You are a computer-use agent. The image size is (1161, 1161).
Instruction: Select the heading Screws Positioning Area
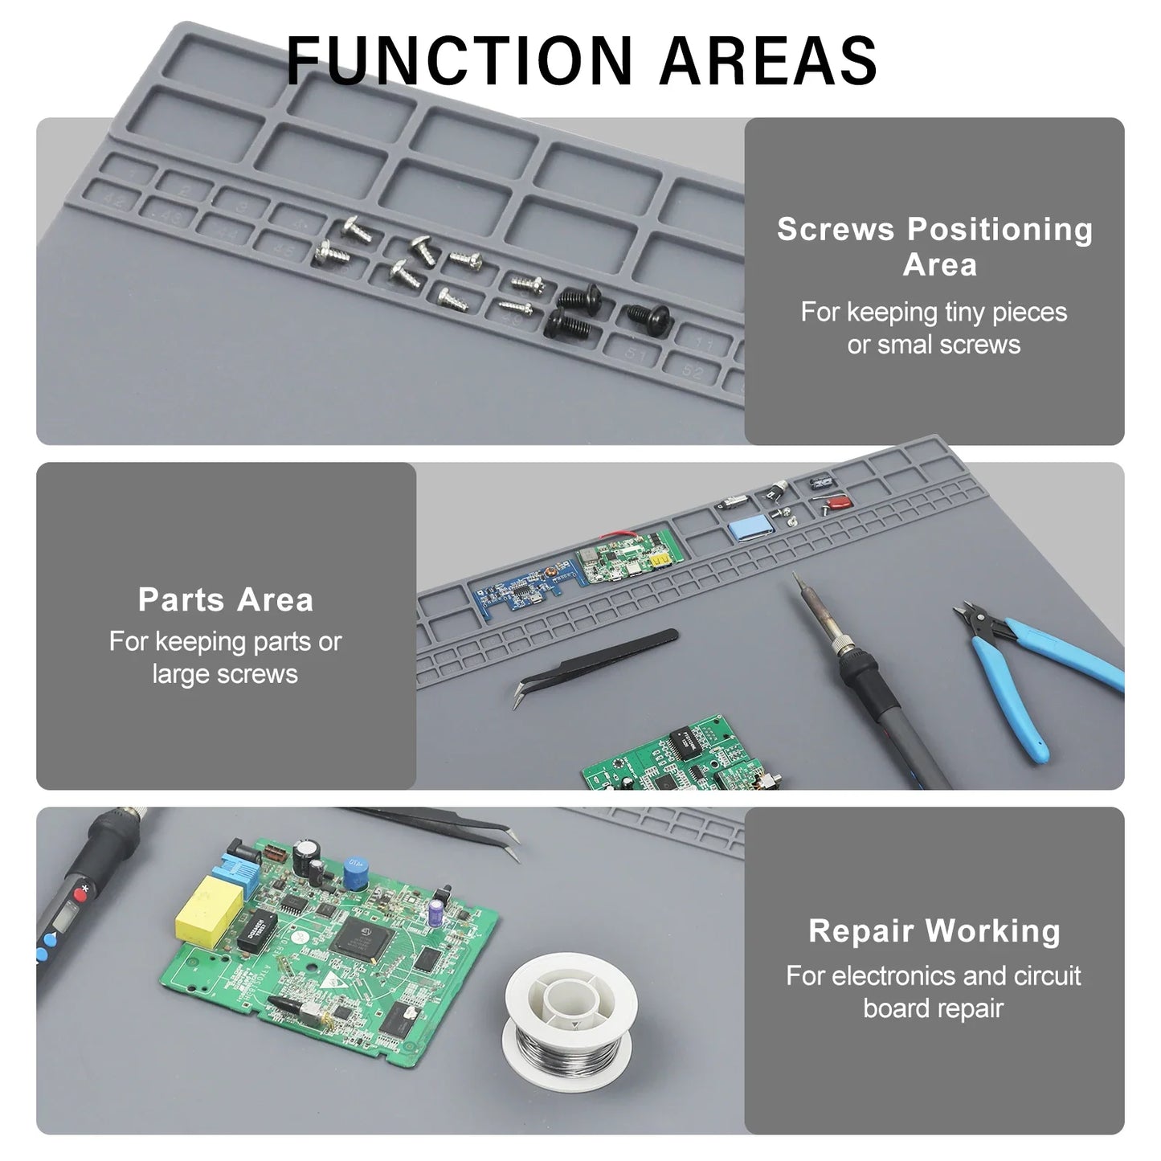(934, 246)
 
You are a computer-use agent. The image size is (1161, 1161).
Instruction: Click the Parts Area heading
(225, 599)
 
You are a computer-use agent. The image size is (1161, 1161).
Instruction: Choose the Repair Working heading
(934, 930)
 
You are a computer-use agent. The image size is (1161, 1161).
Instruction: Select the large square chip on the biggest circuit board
(361, 940)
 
